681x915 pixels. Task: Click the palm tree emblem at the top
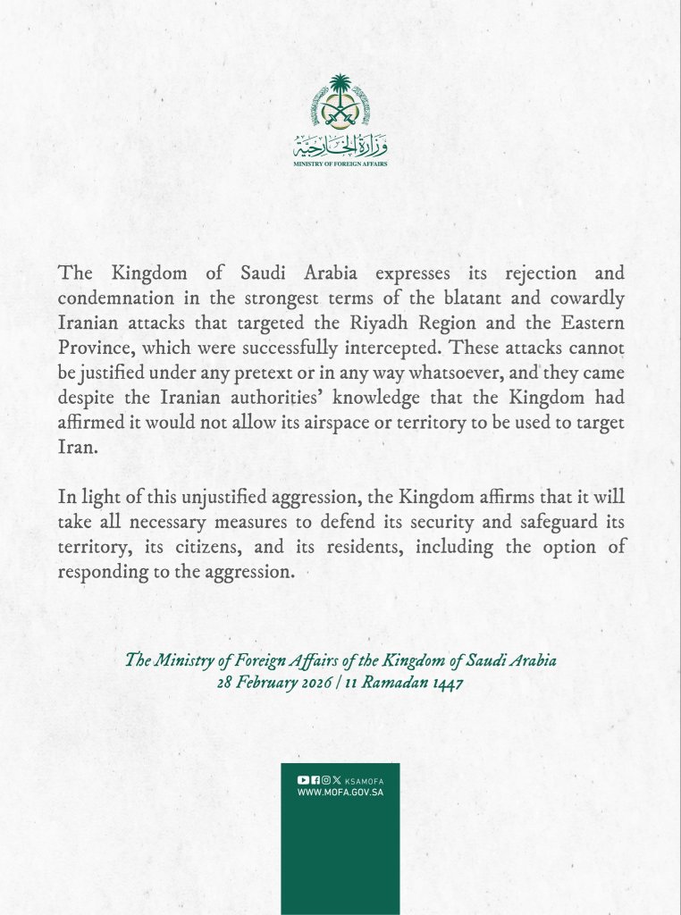pyautogui.click(x=340, y=102)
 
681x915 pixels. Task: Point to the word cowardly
pyautogui.click(x=582, y=298)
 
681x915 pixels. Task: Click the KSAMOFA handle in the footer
pyautogui.click(x=364, y=780)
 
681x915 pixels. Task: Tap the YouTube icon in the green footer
pyautogui.click(x=303, y=780)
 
